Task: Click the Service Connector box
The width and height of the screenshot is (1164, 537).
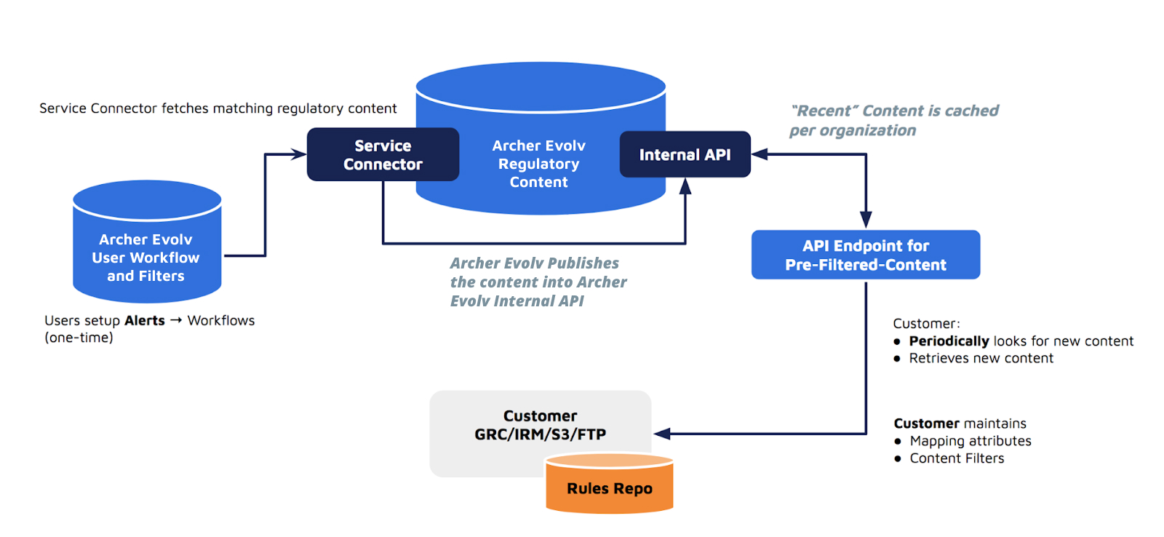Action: point(383,155)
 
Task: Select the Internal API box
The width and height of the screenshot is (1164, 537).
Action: point(685,155)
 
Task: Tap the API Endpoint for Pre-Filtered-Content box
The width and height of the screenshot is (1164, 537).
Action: point(866,255)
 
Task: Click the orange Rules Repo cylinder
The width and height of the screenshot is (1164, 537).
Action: point(610,488)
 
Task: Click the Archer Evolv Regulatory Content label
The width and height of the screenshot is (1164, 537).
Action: point(538,164)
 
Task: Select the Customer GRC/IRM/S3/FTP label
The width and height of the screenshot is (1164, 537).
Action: point(540,426)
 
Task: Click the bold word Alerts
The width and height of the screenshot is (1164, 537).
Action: point(145,321)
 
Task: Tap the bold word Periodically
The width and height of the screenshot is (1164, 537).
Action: point(949,341)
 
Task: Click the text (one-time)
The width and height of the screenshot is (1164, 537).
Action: point(79,338)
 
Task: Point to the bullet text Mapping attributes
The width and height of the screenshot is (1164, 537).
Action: point(970,441)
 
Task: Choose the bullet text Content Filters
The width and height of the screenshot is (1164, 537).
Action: point(957,458)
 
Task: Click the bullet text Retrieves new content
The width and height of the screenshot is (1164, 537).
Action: point(981,359)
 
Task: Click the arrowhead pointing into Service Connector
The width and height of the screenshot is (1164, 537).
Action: point(299,154)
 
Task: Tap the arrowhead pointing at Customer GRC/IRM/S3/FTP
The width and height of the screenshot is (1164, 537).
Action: point(661,434)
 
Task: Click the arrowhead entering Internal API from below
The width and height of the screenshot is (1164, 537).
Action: point(685,186)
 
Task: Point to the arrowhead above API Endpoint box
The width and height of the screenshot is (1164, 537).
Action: point(866,220)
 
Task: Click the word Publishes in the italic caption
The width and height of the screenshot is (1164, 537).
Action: point(583,263)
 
